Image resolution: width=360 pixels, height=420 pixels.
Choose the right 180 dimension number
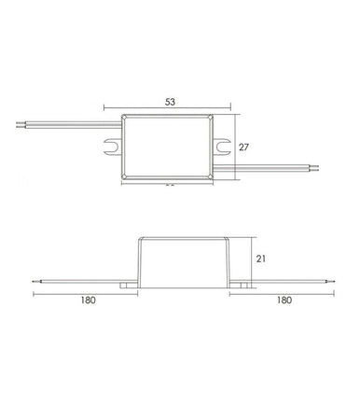coord(284,301)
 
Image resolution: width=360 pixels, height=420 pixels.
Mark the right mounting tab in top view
coord(224,147)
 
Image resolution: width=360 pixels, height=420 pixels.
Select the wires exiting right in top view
coord(280,169)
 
